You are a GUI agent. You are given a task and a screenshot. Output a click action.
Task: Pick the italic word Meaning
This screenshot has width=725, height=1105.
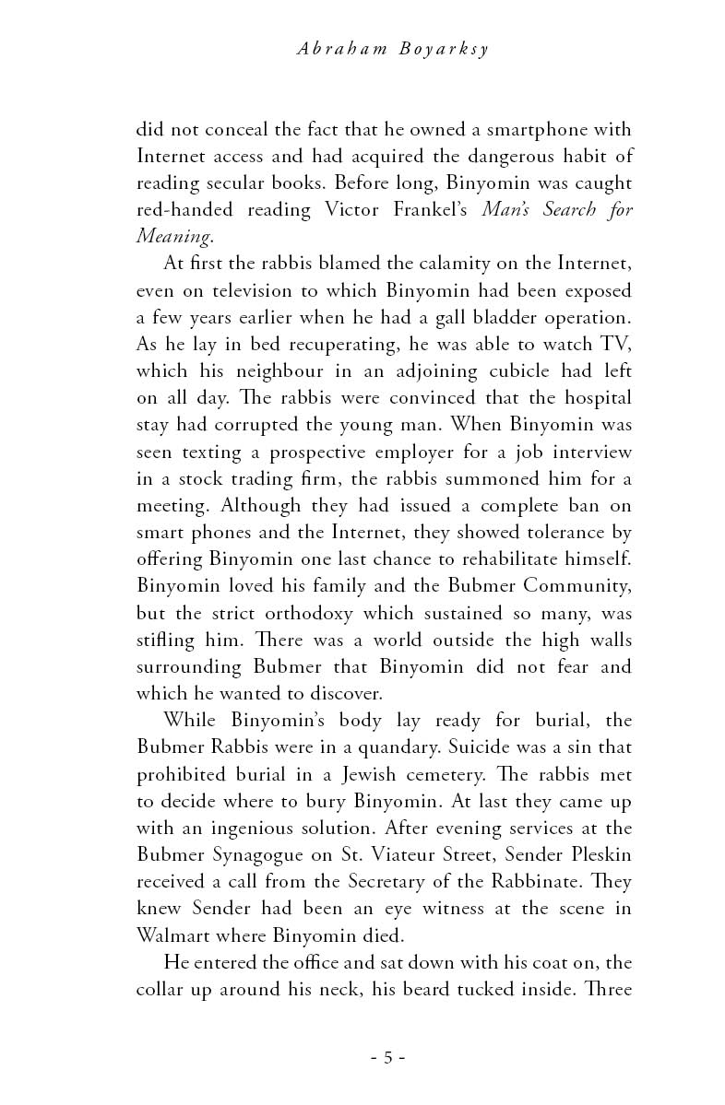point(174,237)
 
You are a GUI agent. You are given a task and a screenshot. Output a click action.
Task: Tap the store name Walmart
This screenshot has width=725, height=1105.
point(176,934)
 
